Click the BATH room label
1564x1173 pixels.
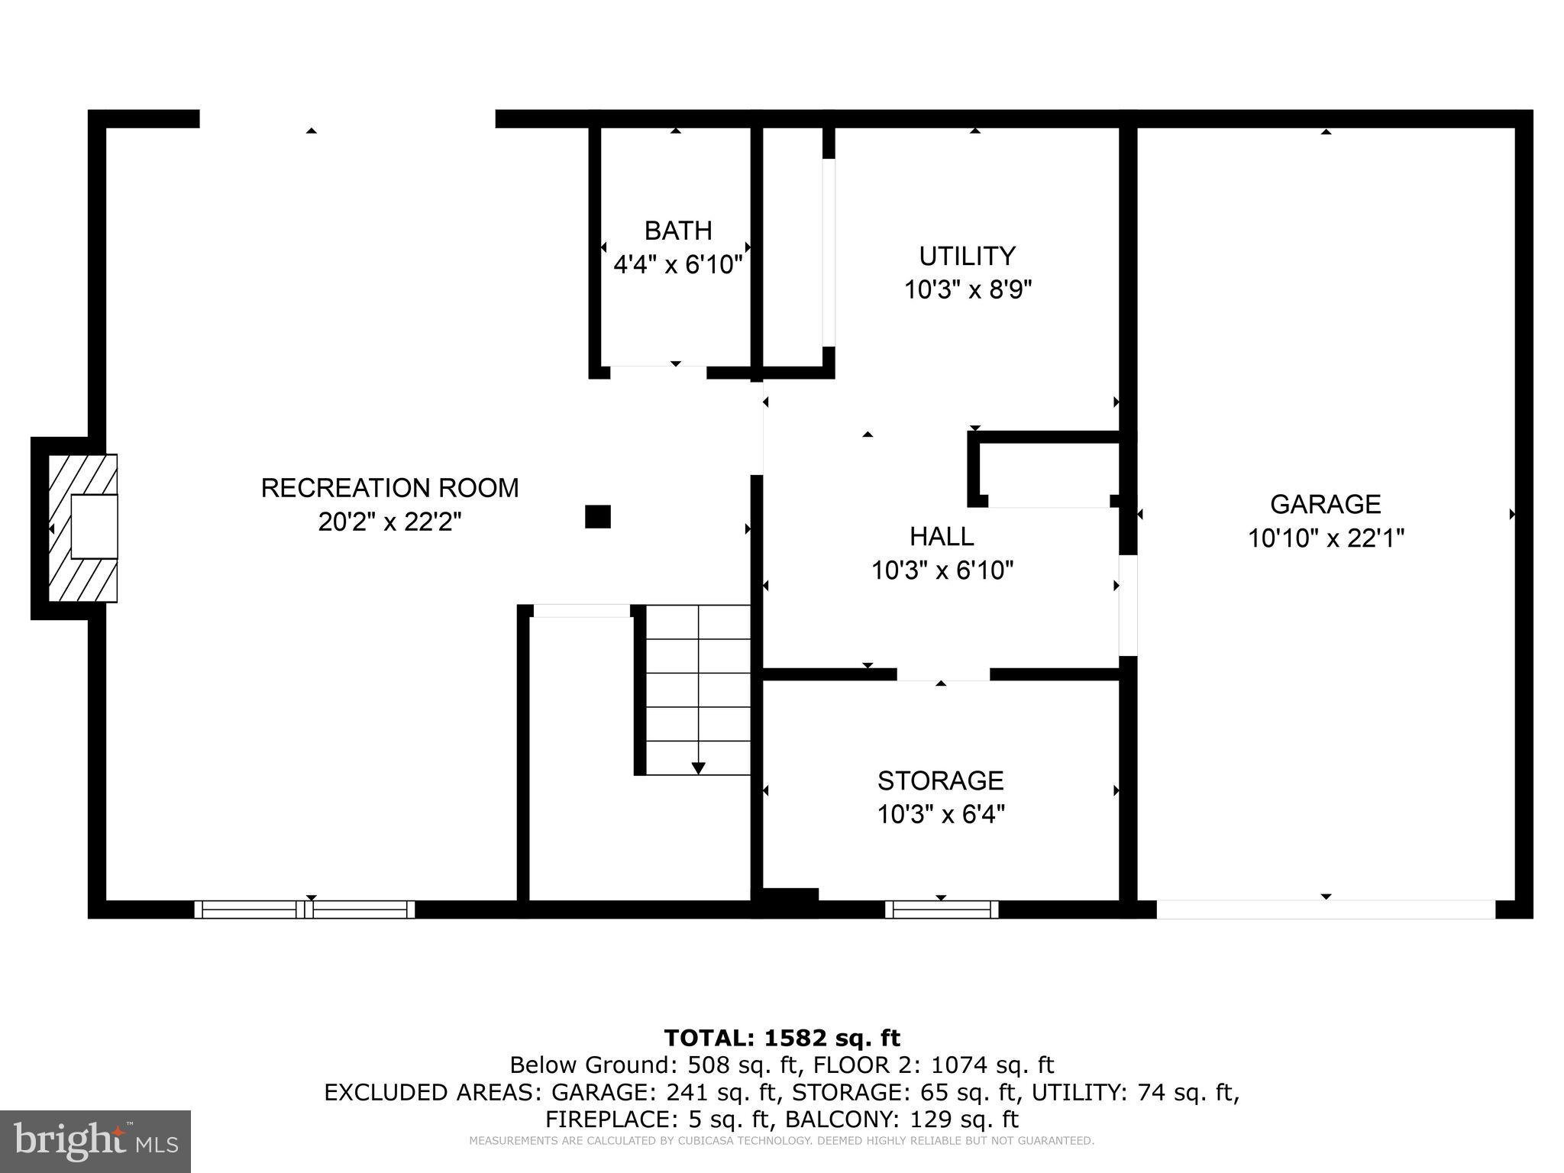pyautogui.click(x=677, y=231)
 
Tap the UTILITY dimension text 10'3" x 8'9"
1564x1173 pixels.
pyautogui.click(x=968, y=290)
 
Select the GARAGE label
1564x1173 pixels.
pyautogui.click(x=1325, y=504)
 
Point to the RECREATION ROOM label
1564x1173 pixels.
pyautogui.click(x=389, y=488)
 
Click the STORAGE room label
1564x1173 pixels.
pyautogui.click(x=940, y=780)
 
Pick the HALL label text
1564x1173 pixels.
pyautogui.click(x=941, y=537)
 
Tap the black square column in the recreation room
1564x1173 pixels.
pyautogui.click(x=597, y=517)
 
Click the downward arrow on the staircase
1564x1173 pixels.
pyautogui.click(x=698, y=767)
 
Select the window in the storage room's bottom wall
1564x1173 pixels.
pyautogui.click(x=942, y=909)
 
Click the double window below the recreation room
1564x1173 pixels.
pyautogui.click(x=304, y=909)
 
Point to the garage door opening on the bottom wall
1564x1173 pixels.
pyautogui.click(x=1325, y=909)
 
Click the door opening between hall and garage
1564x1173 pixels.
pyautogui.click(x=1128, y=605)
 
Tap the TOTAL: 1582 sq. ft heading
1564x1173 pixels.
pyautogui.click(x=782, y=1038)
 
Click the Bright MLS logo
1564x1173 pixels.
pyautogui.click(x=95, y=1141)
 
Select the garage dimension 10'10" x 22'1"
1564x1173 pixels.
pyautogui.click(x=1326, y=539)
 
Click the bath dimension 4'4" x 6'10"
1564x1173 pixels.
pyautogui.click(x=677, y=266)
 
